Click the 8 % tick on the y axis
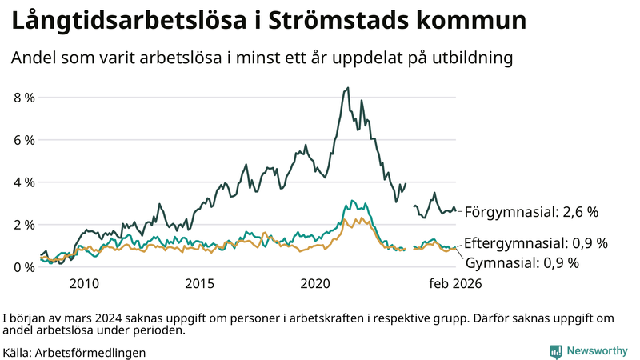click(24, 98)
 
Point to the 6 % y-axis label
click(24, 140)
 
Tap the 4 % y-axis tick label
click(24, 182)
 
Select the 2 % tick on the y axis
click(24, 225)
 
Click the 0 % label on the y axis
click(24, 267)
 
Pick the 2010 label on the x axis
click(84, 283)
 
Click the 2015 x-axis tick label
click(200, 283)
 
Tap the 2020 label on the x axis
click(316, 283)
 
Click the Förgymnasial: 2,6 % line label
click(531, 213)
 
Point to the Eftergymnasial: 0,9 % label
click(536, 242)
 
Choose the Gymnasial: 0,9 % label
click(522, 262)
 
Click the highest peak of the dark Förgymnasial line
click(347, 88)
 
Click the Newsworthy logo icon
click(555, 351)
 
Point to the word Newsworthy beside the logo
click(598, 351)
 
